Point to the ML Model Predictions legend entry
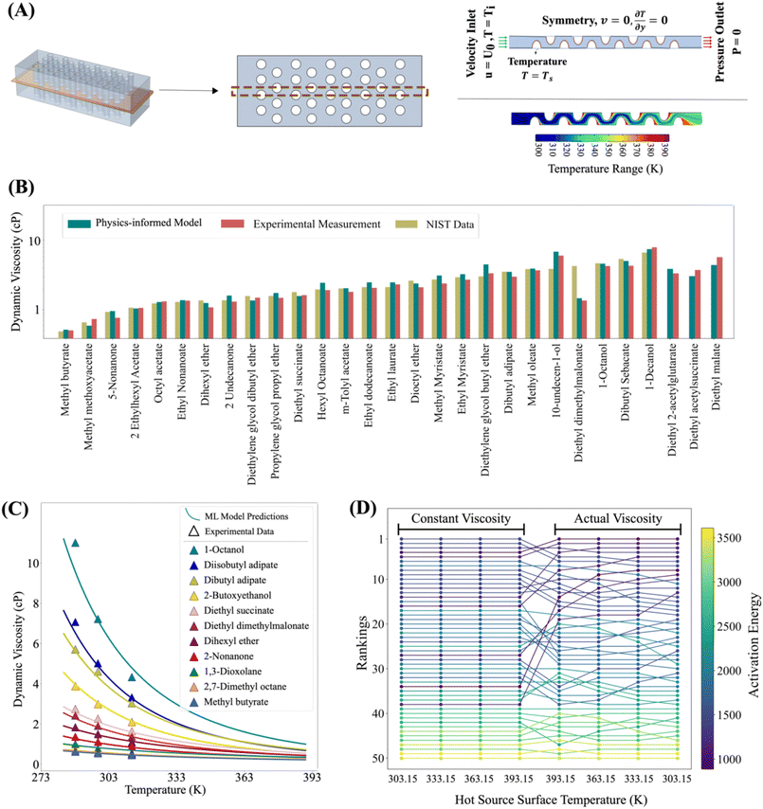255,513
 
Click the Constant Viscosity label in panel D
460,520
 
